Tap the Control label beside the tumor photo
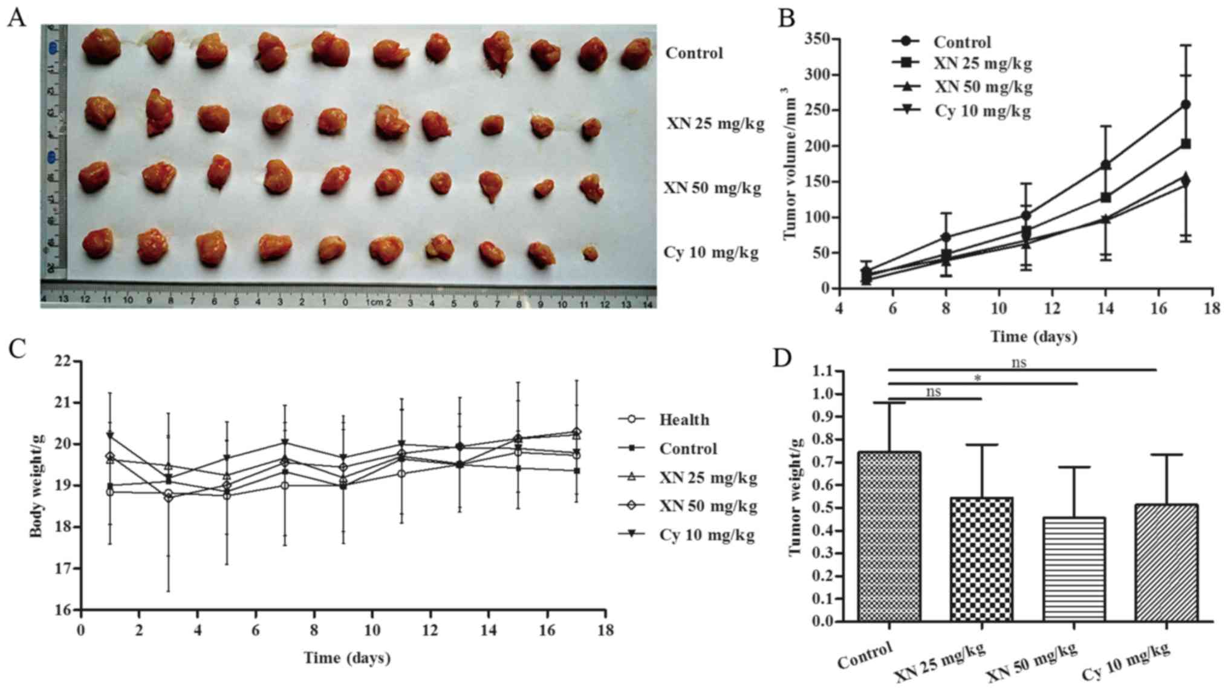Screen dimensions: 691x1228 (x=694, y=53)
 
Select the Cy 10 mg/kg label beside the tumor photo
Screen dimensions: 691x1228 (x=711, y=252)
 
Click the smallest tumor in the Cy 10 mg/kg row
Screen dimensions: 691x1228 (x=590, y=253)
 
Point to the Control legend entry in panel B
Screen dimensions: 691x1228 (x=962, y=42)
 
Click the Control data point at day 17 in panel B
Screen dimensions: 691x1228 (x=1185, y=105)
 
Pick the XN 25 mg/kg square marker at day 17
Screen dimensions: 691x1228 (x=1185, y=144)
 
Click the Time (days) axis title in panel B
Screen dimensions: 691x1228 (x=1033, y=336)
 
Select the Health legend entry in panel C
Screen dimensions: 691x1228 (x=684, y=419)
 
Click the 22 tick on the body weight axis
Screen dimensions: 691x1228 (x=63, y=361)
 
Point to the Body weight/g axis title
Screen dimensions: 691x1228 (x=37, y=485)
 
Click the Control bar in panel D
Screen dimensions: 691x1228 (x=889, y=536)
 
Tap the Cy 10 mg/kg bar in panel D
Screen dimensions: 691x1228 (x=1166, y=563)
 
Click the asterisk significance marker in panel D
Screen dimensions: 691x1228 (x=977, y=379)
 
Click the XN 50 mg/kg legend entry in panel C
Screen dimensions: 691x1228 (x=708, y=506)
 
